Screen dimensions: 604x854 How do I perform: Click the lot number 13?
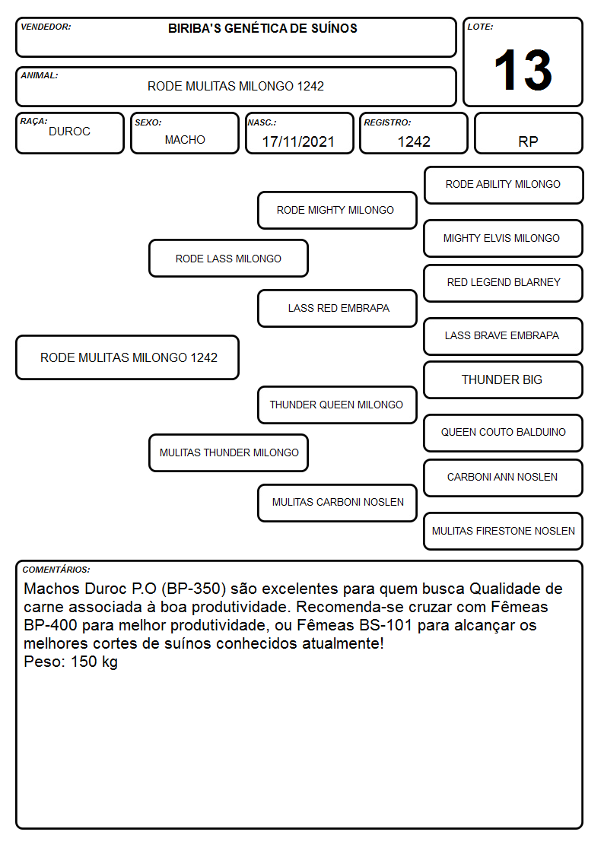point(523,70)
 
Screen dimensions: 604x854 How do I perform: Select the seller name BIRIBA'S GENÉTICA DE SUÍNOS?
point(262,28)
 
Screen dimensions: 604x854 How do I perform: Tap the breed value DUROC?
point(69,132)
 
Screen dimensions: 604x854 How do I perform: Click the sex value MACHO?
point(185,140)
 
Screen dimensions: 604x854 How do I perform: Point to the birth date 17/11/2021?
point(298,141)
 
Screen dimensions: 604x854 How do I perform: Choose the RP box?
point(528,133)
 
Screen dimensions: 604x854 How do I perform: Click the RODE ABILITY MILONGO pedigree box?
point(504,186)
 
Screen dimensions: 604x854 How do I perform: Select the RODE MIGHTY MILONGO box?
point(337,210)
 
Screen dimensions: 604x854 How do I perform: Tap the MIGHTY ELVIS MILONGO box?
point(504,238)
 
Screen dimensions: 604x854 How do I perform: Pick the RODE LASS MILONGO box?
point(228,258)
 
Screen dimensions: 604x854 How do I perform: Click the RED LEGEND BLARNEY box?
point(504,283)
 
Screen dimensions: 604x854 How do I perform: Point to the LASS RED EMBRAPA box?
point(337,308)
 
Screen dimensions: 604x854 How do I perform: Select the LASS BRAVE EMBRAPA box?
point(504,336)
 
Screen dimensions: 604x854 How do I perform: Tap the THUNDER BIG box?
point(504,379)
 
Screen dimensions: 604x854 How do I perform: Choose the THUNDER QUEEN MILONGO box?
point(337,405)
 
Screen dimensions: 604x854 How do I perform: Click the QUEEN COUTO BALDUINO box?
point(504,433)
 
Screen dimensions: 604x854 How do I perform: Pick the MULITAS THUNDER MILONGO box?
point(228,452)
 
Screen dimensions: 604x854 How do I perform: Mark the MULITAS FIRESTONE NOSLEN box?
point(504,531)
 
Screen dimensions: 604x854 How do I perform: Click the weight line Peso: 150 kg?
point(71,662)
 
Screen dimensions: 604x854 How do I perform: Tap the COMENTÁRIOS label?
point(56,570)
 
